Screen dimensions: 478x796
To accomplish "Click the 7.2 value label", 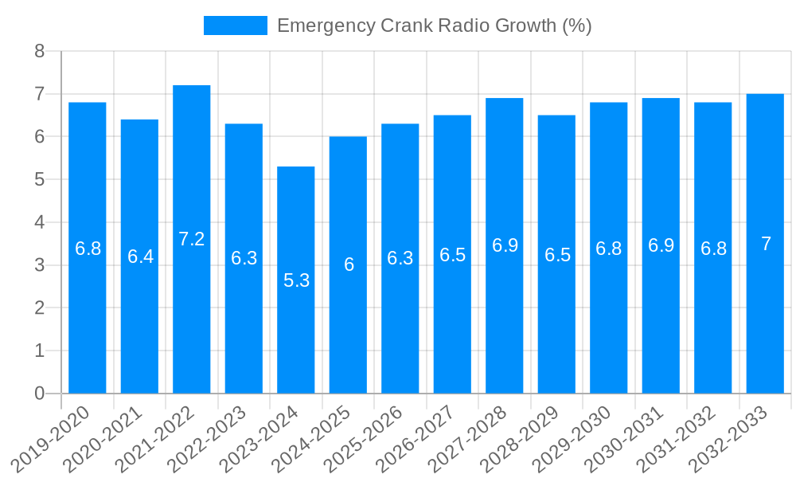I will click(192, 239).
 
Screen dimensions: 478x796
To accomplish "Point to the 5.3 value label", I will click(296, 280).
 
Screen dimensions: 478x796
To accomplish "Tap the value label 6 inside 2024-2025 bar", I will click(349, 265).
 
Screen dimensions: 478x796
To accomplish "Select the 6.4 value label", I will click(140, 257).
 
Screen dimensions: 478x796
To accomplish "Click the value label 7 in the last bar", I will click(766, 244).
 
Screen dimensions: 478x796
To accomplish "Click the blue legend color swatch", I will click(235, 25).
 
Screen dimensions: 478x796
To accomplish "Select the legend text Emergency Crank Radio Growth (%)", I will click(434, 25).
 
